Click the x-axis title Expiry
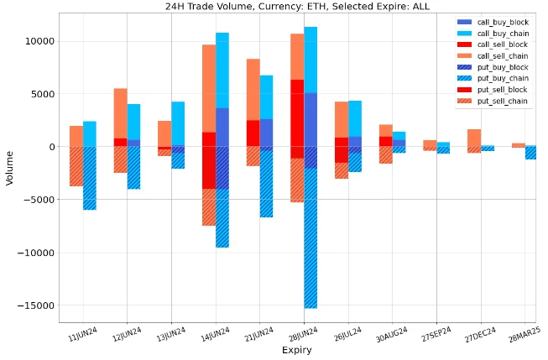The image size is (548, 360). (x=297, y=349)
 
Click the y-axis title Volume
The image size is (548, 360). (x=9, y=167)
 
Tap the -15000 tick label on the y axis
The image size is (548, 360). (x=35, y=305)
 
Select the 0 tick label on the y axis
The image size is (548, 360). (x=50, y=147)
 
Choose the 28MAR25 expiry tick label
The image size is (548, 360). (x=521, y=334)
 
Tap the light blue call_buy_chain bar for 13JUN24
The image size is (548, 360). (x=178, y=123)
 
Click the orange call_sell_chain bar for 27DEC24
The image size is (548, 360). (x=474, y=138)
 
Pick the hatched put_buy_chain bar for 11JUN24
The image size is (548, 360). (x=89, y=179)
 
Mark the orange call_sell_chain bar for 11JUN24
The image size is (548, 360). (x=76, y=137)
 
